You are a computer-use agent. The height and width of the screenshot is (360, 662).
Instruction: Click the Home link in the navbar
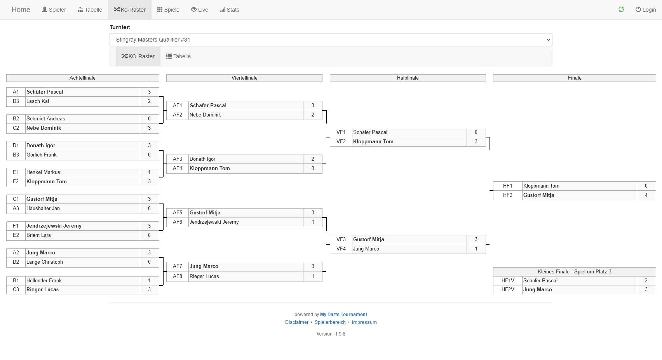pos(21,10)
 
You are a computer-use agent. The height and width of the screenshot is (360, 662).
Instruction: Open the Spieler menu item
pos(54,10)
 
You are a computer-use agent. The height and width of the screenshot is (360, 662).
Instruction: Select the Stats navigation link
pos(230,10)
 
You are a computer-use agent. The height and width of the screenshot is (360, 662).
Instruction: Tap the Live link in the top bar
pos(200,10)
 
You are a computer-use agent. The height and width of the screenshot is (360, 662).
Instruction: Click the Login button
pos(646,10)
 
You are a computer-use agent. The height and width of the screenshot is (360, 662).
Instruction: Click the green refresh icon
pos(621,10)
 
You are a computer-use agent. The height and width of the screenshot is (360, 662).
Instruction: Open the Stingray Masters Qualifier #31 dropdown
pos(331,40)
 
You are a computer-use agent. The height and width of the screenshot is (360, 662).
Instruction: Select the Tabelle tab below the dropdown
pos(178,56)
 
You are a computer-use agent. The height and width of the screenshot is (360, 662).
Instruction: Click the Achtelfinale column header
pos(82,78)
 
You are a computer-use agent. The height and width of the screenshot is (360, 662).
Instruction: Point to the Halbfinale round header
pos(408,78)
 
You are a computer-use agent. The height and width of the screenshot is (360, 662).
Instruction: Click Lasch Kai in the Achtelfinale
pos(38,101)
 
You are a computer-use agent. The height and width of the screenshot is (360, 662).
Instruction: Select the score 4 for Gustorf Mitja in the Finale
pos(646,195)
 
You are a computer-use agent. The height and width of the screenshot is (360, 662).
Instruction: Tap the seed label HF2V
pos(507,290)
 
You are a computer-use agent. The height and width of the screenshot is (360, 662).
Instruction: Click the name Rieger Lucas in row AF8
pos(204,277)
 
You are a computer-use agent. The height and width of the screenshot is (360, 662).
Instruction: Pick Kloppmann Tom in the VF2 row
pos(373,142)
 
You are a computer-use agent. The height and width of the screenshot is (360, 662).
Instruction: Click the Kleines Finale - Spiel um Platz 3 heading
pos(574,272)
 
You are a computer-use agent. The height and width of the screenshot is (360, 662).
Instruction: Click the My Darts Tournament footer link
pos(343,315)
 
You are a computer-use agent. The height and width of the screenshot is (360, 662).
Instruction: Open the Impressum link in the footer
pos(364,322)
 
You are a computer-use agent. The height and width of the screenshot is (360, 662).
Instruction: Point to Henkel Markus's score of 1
pos(149,172)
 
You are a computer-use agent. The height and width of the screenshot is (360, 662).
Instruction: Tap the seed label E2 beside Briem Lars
pos(16,235)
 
